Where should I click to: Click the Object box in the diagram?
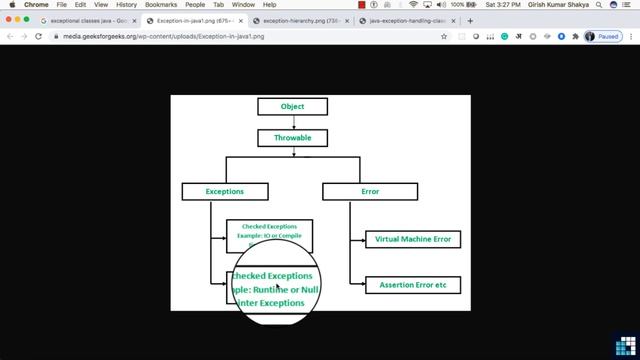292,106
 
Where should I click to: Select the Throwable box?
292,138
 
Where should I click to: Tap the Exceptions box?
224,190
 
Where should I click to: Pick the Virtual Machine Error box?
413,239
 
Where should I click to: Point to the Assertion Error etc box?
413,285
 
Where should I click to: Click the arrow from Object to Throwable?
292,122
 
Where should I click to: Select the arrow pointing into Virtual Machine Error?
357,240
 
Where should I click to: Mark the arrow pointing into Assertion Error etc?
357,285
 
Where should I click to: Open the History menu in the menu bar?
126,5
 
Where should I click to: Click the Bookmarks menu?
161,5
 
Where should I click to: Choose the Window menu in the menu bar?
243,5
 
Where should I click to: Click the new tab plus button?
470,20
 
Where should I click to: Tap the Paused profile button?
604,36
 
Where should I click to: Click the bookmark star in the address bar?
444,36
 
